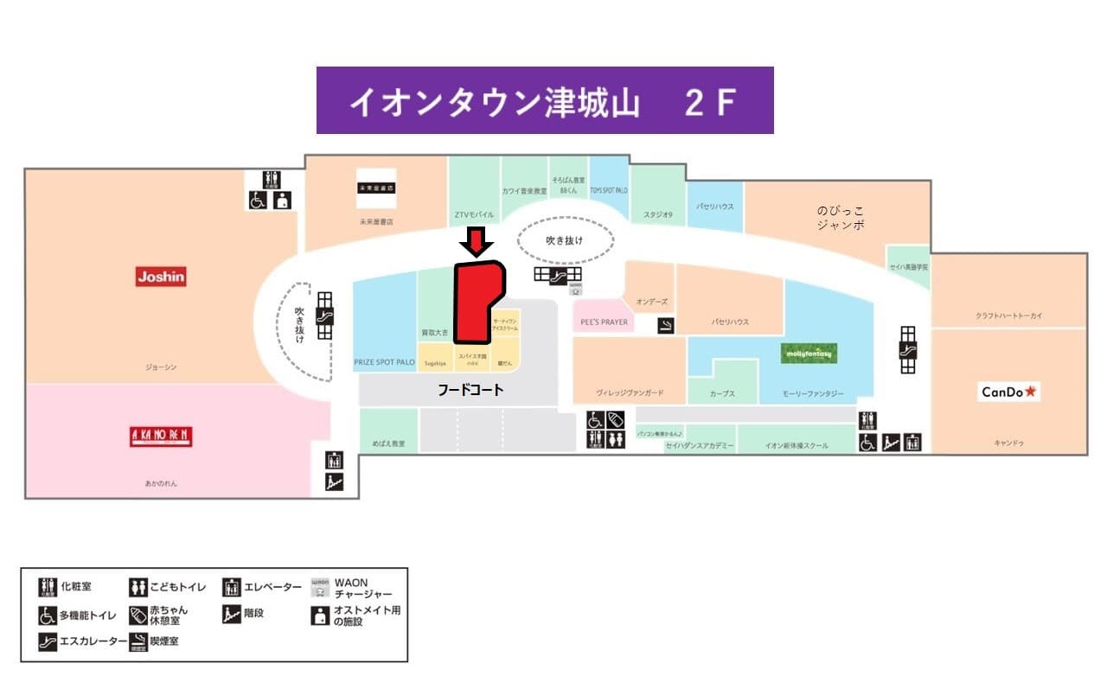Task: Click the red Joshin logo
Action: pyautogui.click(x=161, y=277)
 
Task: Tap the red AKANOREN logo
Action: pyautogui.click(x=161, y=436)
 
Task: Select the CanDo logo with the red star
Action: pyautogui.click(x=1009, y=392)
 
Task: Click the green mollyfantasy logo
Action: pyautogui.click(x=809, y=354)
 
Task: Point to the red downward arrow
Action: pyautogui.click(x=477, y=241)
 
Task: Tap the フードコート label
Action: pyautogui.click(x=470, y=391)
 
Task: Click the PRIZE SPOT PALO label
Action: pyautogui.click(x=385, y=362)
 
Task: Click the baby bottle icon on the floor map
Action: pyautogui.click(x=616, y=419)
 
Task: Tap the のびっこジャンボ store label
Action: pyautogui.click(x=840, y=217)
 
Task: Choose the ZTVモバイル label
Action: pyautogui.click(x=474, y=214)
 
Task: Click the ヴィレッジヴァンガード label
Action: pyautogui.click(x=630, y=392)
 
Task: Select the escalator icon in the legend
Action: pyautogui.click(x=47, y=641)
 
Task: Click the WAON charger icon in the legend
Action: pyautogui.click(x=320, y=588)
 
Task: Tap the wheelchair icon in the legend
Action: pyautogui.click(x=47, y=615)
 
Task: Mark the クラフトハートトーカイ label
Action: pyautogui.click(x=1008, y=316)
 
